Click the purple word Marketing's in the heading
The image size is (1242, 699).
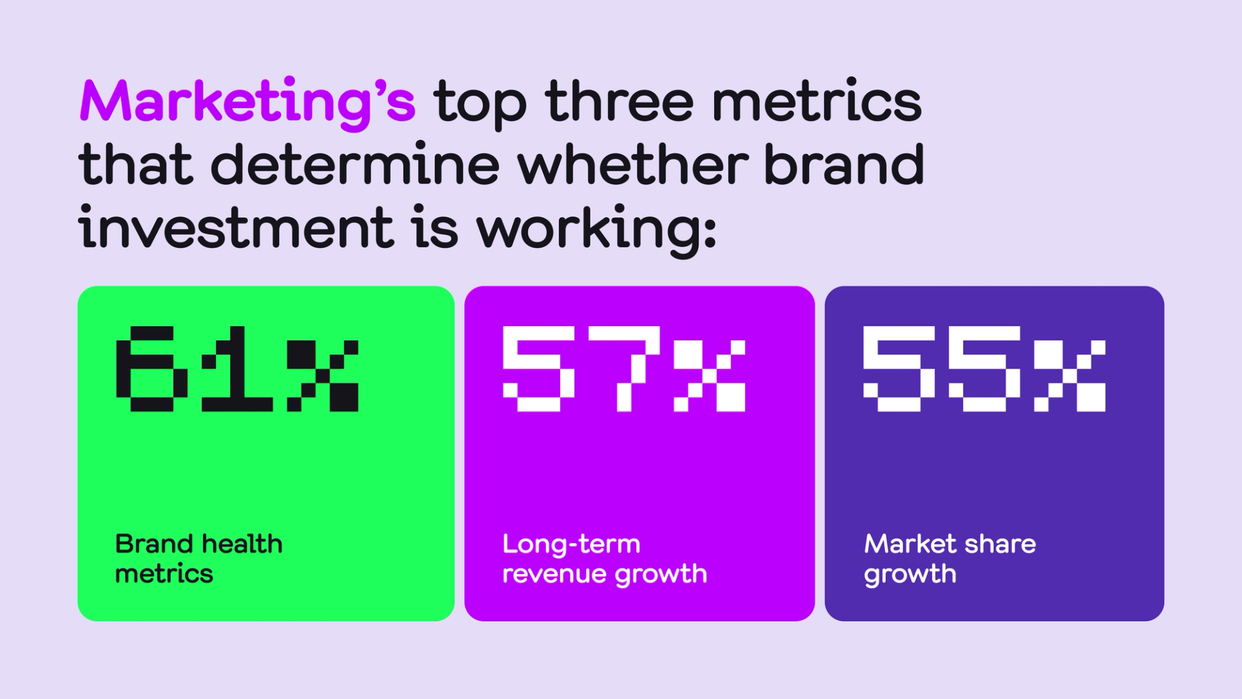pos(247,104)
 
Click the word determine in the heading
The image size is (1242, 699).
pos(355,163)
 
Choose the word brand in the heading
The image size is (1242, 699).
pos(844,163)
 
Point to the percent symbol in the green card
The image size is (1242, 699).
pos(323,376)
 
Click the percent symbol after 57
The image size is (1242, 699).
pos(710,376)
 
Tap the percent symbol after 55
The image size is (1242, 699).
pos(1070,376)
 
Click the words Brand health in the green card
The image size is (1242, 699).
pos(199,544)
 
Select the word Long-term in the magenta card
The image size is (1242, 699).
pos(571,545)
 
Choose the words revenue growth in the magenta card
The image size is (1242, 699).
pos(605,575)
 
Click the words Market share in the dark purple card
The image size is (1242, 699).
pos(950,544)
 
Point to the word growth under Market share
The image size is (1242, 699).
pos(910,575)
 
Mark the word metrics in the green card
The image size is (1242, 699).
pos(164,574)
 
